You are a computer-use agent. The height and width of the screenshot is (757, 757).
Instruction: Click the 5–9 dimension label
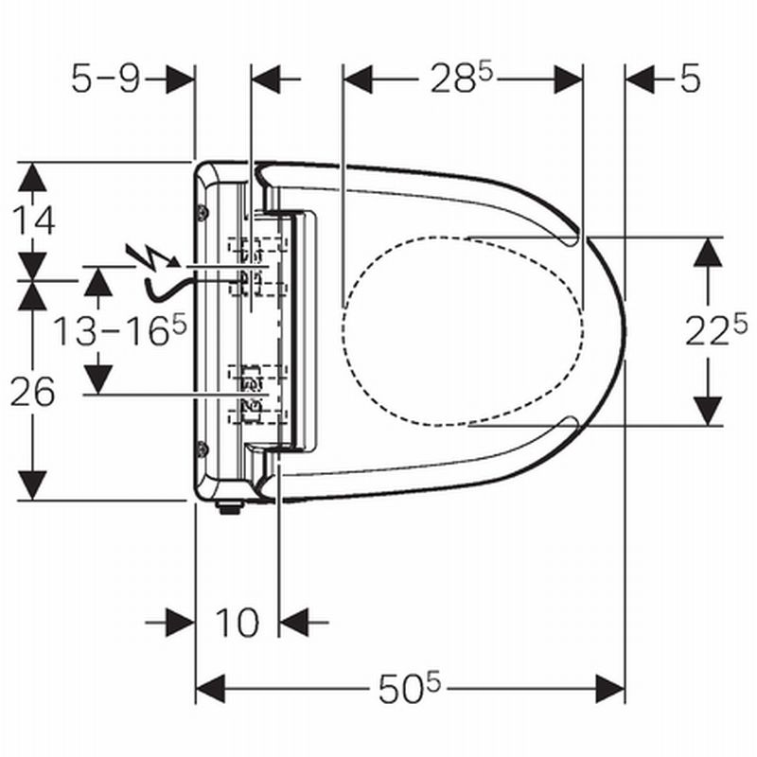106,79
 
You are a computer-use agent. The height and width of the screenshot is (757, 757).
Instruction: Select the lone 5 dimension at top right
691,79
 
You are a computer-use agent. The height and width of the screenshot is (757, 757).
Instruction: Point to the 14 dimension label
34,220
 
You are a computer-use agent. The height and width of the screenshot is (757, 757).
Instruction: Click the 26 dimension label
33,392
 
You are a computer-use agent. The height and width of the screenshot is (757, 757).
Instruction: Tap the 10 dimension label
238,623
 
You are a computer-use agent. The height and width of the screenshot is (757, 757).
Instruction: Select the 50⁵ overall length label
410,688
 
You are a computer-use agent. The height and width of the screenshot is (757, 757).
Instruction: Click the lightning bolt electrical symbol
152,255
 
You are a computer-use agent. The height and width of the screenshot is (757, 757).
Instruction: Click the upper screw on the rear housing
203,212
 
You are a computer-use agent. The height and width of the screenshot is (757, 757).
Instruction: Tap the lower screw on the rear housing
203,449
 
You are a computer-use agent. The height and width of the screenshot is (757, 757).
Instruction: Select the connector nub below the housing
229,507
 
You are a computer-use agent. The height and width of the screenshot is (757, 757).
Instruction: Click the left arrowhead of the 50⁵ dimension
210,689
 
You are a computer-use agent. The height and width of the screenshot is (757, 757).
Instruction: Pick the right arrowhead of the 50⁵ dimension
610,689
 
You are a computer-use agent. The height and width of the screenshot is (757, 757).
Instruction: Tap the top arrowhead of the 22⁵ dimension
708,252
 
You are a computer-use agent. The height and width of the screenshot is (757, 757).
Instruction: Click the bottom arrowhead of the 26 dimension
32,485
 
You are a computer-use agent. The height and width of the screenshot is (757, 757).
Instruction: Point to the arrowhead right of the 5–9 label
180,79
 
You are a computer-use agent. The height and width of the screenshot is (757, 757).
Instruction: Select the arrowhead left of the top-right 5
641,79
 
